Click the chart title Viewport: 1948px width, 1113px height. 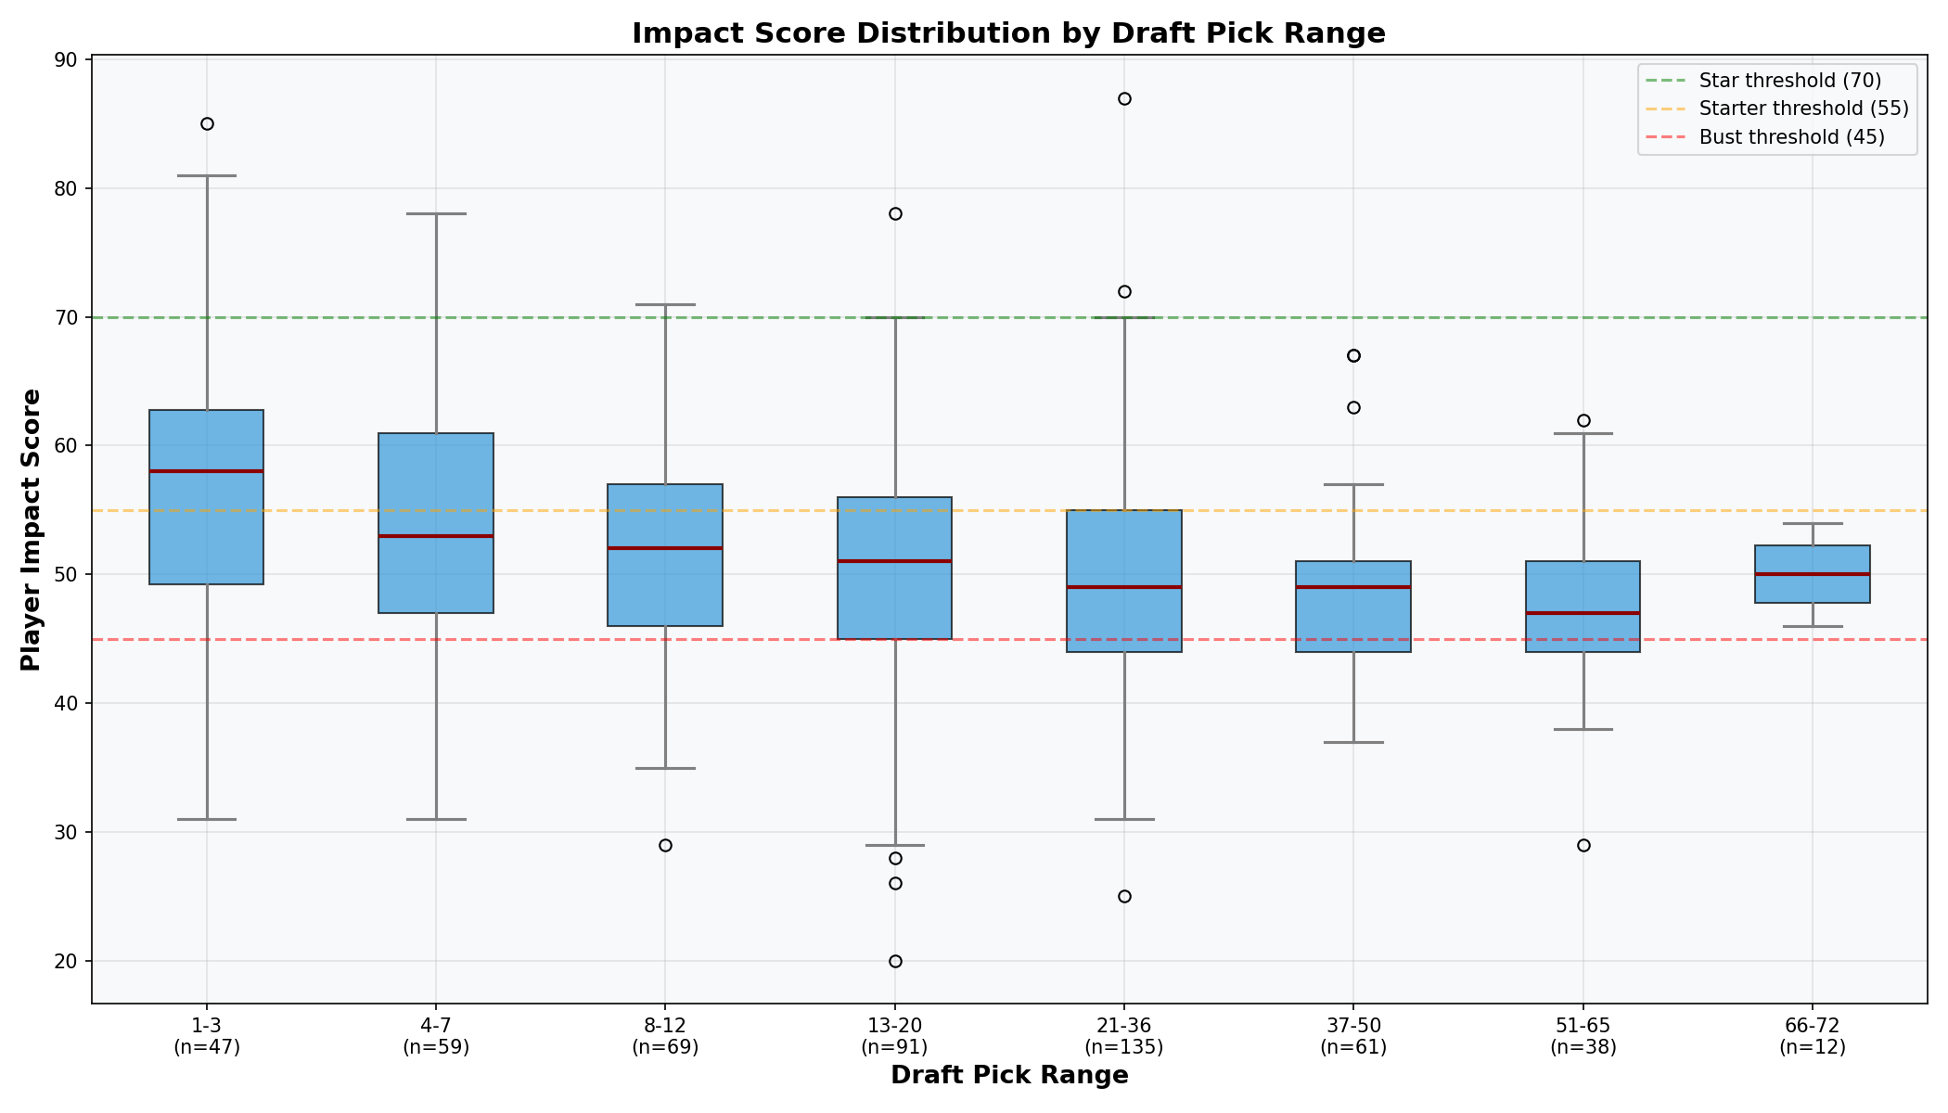coord(1008,33)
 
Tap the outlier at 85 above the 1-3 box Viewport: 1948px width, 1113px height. coord(207,124)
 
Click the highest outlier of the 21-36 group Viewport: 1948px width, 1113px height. coord(1124,99)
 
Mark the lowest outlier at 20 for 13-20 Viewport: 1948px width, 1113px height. coord(895,961)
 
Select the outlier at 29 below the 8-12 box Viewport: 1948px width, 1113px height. coord(665,845)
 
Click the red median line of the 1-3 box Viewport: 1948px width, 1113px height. coord(207,471)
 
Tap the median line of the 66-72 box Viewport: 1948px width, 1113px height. coord(1813,574)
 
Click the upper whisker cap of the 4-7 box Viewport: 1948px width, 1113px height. coord(436,214)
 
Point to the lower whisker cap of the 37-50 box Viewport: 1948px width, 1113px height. coord(1353,742)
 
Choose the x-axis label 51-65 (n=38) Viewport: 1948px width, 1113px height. coord(1583,1037)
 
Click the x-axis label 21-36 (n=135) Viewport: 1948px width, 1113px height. coord(1124,1037)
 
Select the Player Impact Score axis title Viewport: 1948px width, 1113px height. coord(31,530)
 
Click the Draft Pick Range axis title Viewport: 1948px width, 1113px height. coord(1008,1076)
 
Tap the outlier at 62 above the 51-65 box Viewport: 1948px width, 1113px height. coord(1583,420)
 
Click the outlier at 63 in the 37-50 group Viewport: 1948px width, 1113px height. coord(1353,407)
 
